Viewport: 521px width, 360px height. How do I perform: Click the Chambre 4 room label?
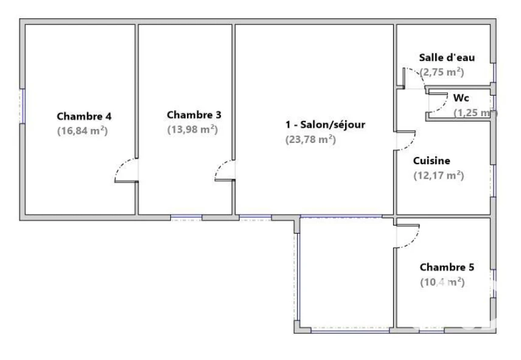pyautogui.click(x=84, y=116)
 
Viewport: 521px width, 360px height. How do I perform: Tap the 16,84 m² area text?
pyautogui.click(x=82, y=131)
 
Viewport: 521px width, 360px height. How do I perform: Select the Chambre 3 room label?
pyautogui.click(x=194, y=115)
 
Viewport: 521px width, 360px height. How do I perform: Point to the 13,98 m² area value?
pyautogui.click(x=192, y=129)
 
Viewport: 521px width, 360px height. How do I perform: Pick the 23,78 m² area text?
pyautogui.click(x=310, y=139)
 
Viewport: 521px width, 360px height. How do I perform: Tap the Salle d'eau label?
pyautogui.click(x=447, y=57)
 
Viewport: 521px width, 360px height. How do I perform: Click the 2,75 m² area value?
pyautogui.click(x=442, y=72)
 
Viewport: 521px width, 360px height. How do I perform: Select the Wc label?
pyautogui.click(x=461, y=98)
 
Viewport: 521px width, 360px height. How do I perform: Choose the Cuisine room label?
pyautogui.click(x=432, y=161)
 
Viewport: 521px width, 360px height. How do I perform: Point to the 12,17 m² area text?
pyautogui.click(x=439, y=175)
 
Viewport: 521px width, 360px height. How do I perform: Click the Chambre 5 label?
pyautogui.click(x=447, y=267)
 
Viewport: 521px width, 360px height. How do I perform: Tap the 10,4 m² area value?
pyautogui.click(x=442, y=282)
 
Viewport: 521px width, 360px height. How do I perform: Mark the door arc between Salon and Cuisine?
pyautogui.click(x=411, y=144)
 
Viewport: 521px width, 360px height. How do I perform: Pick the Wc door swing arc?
pyautogui.click(x=442, y=106)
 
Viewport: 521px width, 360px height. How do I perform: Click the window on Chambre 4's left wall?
pyautogui.click(x=23, y=106)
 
